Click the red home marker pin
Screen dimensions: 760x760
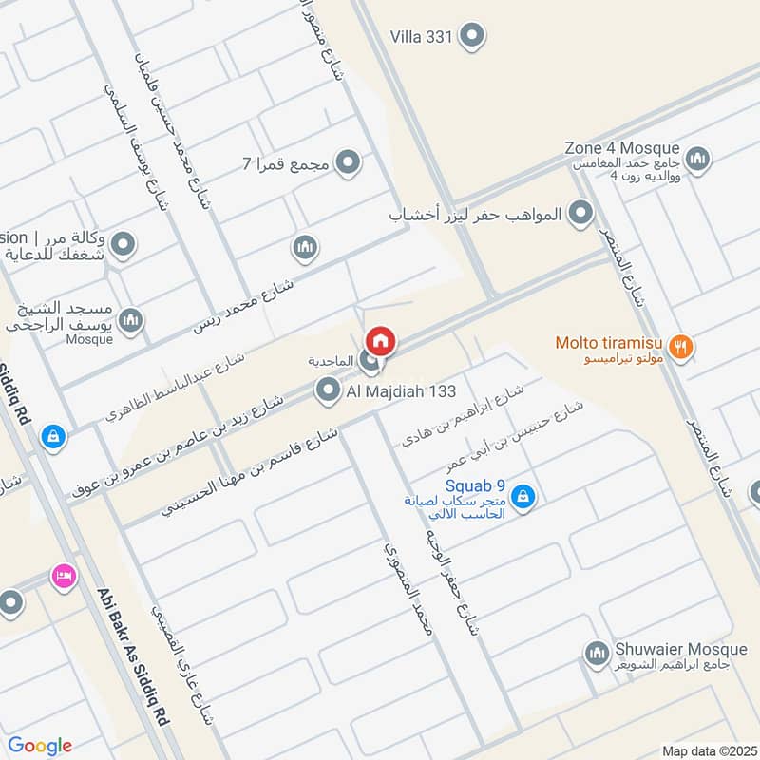pos(380,339)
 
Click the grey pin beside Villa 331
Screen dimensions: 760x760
pos(471,37)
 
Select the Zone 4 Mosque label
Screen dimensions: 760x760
pos(621,148)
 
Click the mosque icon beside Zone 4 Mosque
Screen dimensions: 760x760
pos(697,156)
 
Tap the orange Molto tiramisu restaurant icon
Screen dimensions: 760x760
pos(679,347)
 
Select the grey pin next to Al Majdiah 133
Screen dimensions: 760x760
pos(328,389)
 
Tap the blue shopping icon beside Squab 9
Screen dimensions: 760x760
pos(522,495)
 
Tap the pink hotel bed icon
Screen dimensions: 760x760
pos(64,576)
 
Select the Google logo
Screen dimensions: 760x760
pos(40,746)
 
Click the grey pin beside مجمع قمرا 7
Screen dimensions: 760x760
pos(349,163)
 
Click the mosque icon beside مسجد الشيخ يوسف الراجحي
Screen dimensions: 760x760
pos(132,320)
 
